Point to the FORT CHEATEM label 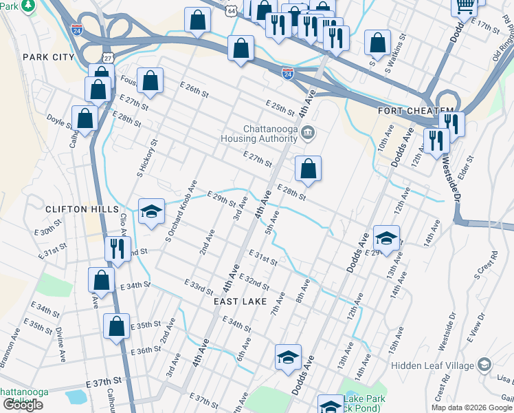(x=415, y=111)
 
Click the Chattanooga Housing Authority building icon (x=308, y=132)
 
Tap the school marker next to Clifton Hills (x=151, y=211)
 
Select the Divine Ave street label (x=60, y=345)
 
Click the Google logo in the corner (x=22, y=405)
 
